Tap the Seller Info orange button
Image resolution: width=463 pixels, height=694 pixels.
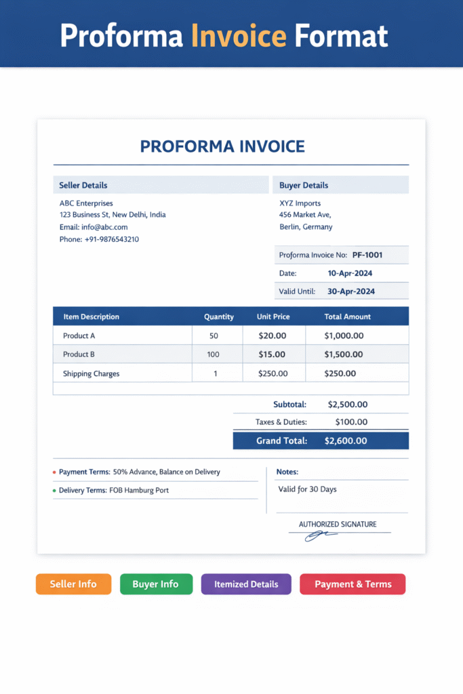pos(73,584)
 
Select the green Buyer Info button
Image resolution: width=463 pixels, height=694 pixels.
pos(156,584)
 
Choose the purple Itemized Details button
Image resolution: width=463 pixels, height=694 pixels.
pos(246,584)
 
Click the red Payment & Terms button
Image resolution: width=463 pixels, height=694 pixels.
pos(353,584)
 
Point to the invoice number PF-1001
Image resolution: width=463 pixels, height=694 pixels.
pos(367,256)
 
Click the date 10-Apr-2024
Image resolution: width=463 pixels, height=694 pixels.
pos(350,273)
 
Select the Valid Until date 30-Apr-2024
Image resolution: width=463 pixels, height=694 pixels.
pos(351,291)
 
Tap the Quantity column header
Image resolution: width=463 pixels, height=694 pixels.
pos(219,317)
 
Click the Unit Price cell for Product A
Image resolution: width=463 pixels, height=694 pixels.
pos(273,335)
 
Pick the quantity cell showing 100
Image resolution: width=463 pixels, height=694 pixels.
pos(214,354)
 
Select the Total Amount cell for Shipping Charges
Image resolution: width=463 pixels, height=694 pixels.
pos(340,373)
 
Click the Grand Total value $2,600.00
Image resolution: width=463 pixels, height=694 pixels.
pos(346,441)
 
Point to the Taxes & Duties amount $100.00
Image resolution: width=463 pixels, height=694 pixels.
pos(351,422)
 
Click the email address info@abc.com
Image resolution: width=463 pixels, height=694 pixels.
pos(104,227)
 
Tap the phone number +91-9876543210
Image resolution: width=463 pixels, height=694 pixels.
pos(112,239)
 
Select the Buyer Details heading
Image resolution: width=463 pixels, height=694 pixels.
pos(304,185)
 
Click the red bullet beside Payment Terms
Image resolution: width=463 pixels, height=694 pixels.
pos(54,472)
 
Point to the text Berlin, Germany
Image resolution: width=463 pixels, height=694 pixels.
pos(306,227)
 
